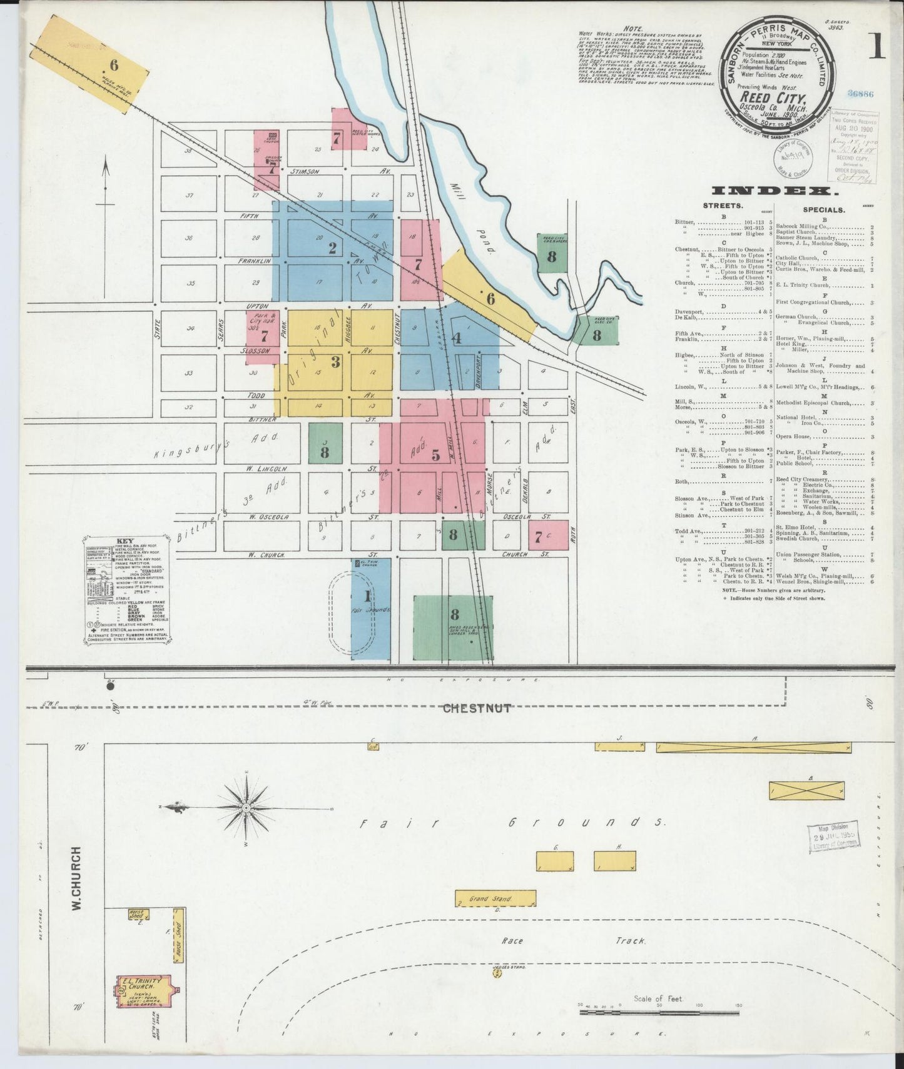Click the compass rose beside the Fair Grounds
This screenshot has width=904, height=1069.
[x=246, y=808]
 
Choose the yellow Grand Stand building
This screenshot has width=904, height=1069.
[x=495, y=898]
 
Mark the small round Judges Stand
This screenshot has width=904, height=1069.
[x=498, y=990]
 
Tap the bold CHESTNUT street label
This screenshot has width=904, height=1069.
[x=477, y=708]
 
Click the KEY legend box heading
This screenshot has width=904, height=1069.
[x=125, y=542]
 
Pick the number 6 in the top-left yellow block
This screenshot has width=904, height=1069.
[x=114, y=64]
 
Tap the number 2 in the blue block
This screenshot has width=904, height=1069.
[x=332, y=248]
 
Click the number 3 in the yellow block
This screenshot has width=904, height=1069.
[x=335, y=361]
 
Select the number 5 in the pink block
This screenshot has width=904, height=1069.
[x=435, y=454]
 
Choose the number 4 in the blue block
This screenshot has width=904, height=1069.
[x=457, y=339]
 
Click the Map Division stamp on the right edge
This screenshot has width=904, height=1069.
[x=833, y=835]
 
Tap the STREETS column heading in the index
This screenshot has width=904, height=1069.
[x=723, y=205]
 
